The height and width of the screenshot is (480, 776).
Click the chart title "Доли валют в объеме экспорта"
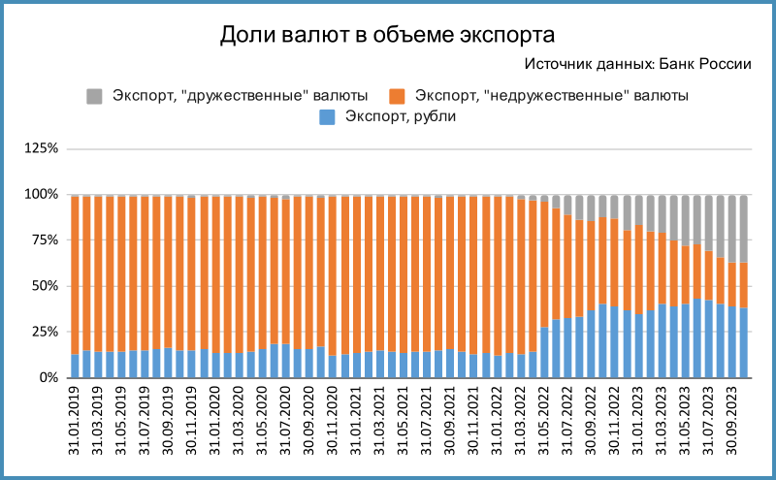(x=387, y=36)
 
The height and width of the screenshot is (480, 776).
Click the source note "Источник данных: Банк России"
(x=637, y=65)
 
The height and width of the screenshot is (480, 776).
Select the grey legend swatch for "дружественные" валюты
(x=94, y=95)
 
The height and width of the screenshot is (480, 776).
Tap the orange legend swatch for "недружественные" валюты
(x=397, y=95)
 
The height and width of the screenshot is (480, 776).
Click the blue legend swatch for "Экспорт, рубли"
(x=327, y=116)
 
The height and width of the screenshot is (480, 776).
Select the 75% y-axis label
(x=45, y=240)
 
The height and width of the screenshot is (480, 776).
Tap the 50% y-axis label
(x=45, y=286)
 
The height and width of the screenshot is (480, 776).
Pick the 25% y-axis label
(x=45, y=332)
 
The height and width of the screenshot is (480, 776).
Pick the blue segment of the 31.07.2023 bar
(x=708, y=338)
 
